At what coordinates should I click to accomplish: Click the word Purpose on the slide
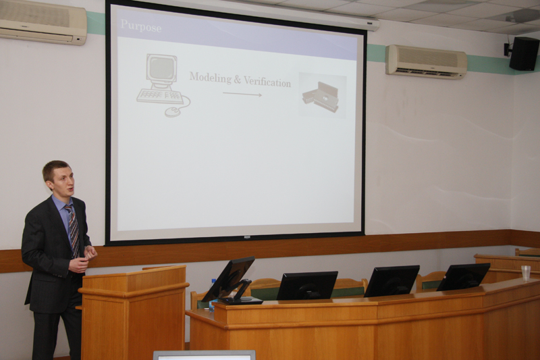click(x=141, y=26)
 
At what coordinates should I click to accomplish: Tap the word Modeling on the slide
click(x=211, y=78)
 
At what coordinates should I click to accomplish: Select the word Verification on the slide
click(x=267, y=82)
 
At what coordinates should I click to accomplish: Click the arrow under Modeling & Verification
click(x=242, y=94)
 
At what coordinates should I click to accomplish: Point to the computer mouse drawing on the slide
click(x=173, y=111)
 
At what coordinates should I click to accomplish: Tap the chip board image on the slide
click(x=323, y=95)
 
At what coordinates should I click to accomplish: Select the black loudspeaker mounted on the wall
click(x=524, y=53)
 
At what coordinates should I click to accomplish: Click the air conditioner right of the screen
click(x=426, y=61)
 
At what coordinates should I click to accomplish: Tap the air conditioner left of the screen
click(x=43, y=22)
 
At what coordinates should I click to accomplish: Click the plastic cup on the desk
click(x=526, y=273)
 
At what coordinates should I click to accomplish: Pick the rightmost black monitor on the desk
click(x=464, y=277)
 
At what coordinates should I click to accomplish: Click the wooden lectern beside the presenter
click(x=134, y=312)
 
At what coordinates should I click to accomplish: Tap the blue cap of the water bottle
click(x=213, y=280)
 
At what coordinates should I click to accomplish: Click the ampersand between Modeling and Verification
click(x=238, y=80)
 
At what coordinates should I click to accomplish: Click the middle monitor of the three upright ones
click(x=391, y=281)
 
